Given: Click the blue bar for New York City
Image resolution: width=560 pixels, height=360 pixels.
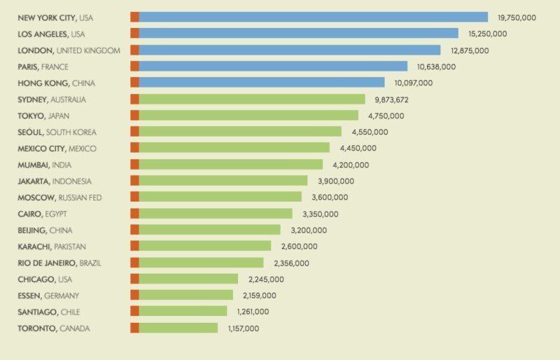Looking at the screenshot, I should point(313,18).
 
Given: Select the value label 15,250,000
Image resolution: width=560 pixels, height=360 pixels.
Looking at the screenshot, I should point(488,34).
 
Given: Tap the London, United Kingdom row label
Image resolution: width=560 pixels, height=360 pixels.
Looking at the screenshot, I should point(69,50).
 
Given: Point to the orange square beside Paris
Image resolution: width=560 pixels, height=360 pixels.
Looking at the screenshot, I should point(134,67).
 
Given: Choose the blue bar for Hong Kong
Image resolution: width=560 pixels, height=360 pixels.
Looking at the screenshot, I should point(262,83).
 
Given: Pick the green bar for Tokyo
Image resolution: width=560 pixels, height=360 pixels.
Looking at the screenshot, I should point(248,116).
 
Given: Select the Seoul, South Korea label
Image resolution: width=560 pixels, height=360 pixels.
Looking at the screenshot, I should point(57,132).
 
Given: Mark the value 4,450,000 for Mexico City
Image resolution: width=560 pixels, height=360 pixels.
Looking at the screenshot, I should point(358,148).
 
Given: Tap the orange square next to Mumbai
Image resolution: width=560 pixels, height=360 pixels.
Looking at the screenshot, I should point(134,165).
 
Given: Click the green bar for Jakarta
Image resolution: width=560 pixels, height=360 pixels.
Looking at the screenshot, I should point(223,181).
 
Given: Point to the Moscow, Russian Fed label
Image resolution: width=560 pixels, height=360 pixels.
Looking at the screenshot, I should point(59,198).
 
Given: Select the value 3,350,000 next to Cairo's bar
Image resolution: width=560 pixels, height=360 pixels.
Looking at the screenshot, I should point(321,214).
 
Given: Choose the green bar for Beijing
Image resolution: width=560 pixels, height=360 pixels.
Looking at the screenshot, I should point(209,230).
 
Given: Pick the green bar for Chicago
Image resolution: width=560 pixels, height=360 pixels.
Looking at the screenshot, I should point(188,279).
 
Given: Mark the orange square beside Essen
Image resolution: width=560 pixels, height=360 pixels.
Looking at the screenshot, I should point(134,296).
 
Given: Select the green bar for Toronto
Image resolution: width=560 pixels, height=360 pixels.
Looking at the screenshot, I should point(178,328).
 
